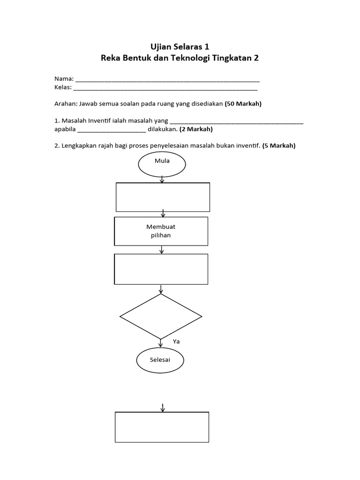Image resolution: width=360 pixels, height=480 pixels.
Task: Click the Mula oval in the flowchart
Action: tap(162, 164)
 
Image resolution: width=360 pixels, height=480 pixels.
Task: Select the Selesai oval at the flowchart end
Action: tap(160, 361)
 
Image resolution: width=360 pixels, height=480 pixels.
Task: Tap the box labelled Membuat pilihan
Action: tap(161, 231)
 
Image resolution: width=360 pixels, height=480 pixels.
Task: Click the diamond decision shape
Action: tap(161, 316)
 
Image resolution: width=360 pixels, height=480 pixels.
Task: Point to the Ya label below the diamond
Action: tap(176, 342)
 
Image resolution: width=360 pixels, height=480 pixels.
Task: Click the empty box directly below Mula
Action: tap(163, 197)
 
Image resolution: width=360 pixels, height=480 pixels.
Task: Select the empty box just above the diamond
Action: tap(161, 269)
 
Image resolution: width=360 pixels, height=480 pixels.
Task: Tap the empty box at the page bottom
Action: tap(162, 427)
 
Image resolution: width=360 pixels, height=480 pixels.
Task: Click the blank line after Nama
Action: tap(167, 79)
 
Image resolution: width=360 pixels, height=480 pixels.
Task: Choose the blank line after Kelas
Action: tap(165, 88)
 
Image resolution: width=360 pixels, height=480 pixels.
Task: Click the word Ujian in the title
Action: tap(160, 46)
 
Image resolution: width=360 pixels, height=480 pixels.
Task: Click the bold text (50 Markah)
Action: tap(243, 104)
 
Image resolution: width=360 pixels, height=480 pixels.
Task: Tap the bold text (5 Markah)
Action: tap(279, 146)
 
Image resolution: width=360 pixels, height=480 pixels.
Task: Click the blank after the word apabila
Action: tap(112, 130)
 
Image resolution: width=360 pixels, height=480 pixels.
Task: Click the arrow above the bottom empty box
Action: tap(163, 407)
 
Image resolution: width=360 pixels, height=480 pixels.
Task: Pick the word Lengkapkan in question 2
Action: tap(81, 146)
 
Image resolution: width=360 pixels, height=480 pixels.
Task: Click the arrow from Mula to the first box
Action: tap(162, 180)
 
